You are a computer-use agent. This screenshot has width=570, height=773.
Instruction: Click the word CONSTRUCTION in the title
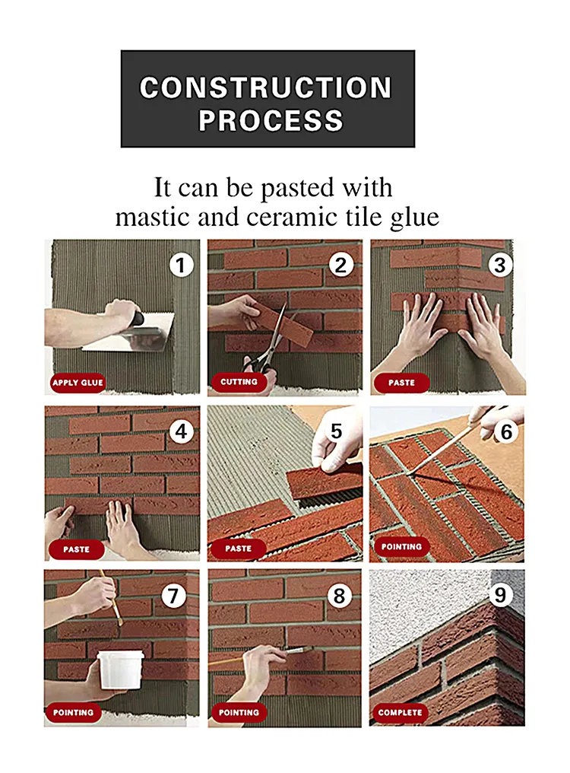(266, 87)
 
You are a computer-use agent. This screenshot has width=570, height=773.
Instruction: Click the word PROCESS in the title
(271, 121)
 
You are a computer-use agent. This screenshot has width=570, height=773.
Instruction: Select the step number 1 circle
(181, 266)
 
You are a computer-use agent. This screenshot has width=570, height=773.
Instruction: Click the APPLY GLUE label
(78, 382)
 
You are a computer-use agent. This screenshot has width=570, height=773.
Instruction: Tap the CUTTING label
(239, 382)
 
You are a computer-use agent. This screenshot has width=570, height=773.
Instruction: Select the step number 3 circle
(499, 265)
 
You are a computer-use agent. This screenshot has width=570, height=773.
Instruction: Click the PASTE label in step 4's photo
(76, 549)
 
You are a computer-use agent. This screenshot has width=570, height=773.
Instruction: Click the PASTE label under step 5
(239, 548)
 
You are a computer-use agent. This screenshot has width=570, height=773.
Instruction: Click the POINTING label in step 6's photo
(401, 546)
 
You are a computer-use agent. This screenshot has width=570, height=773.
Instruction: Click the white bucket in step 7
(121, 668)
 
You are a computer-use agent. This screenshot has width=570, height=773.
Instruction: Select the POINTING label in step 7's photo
(74, 713)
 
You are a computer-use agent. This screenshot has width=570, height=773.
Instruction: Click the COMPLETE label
(400, 713)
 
